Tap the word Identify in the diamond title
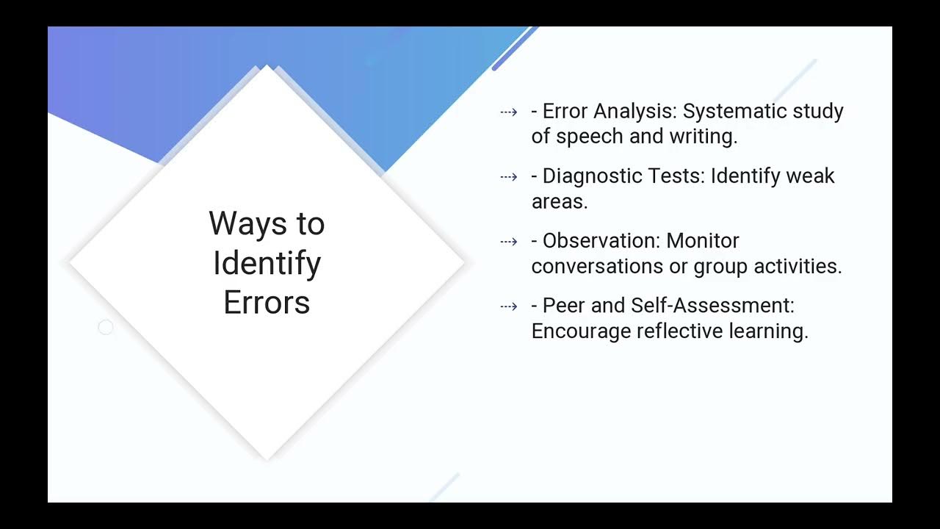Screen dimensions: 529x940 pos(267,263)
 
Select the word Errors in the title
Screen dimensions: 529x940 pos(267,303)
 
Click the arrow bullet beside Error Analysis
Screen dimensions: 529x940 pos(508,112)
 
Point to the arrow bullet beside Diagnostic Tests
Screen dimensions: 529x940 pos(508,176)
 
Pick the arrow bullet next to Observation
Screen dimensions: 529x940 pos(508,241)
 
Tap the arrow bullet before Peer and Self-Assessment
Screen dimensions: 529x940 pos(508,306)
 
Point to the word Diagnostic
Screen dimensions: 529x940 pos(595,176)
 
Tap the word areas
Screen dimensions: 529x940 pos(559,201)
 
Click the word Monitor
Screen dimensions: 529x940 pos(703,241)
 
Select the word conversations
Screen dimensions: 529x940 pos(597,266)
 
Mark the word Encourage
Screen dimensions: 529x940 pos(581,331)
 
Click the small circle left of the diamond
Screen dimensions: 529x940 pos(106,328)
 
